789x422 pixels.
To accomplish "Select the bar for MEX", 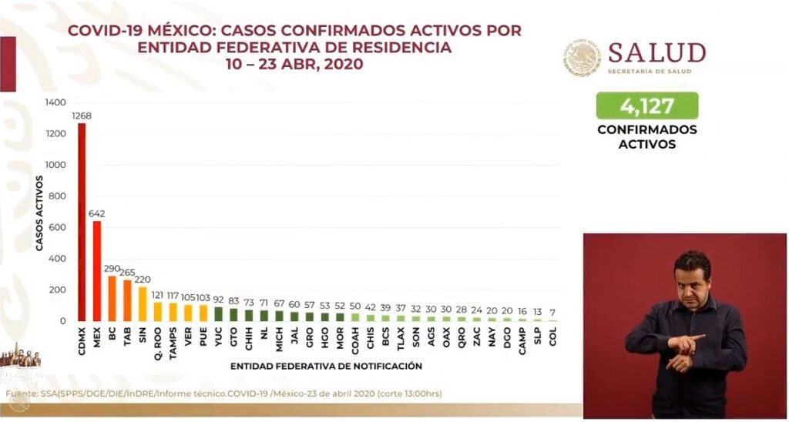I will click(x=97, y=270).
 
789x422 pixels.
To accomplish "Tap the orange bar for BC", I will click(x=112, y=298).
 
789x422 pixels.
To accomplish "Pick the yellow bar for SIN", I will click(x=143, y=303).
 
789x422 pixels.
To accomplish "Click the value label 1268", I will click(x=82, y=116).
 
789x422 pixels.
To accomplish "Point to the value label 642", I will click(x=97, y=213).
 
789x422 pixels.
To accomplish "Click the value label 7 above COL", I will click(x=552, y=311).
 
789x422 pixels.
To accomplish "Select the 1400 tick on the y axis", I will click(x=55, y=102).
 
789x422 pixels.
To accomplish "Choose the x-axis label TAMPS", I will click(x=173, y=343).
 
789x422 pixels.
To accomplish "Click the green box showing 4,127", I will click(x=646, y=105).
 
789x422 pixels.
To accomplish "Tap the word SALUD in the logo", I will click(x=656, y=53).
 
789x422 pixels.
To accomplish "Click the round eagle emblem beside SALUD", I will click(x=581, y=58).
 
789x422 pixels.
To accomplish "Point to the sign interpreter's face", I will click(x=691, y=278).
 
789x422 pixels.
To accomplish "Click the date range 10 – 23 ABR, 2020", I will click(x=294, y=65).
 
